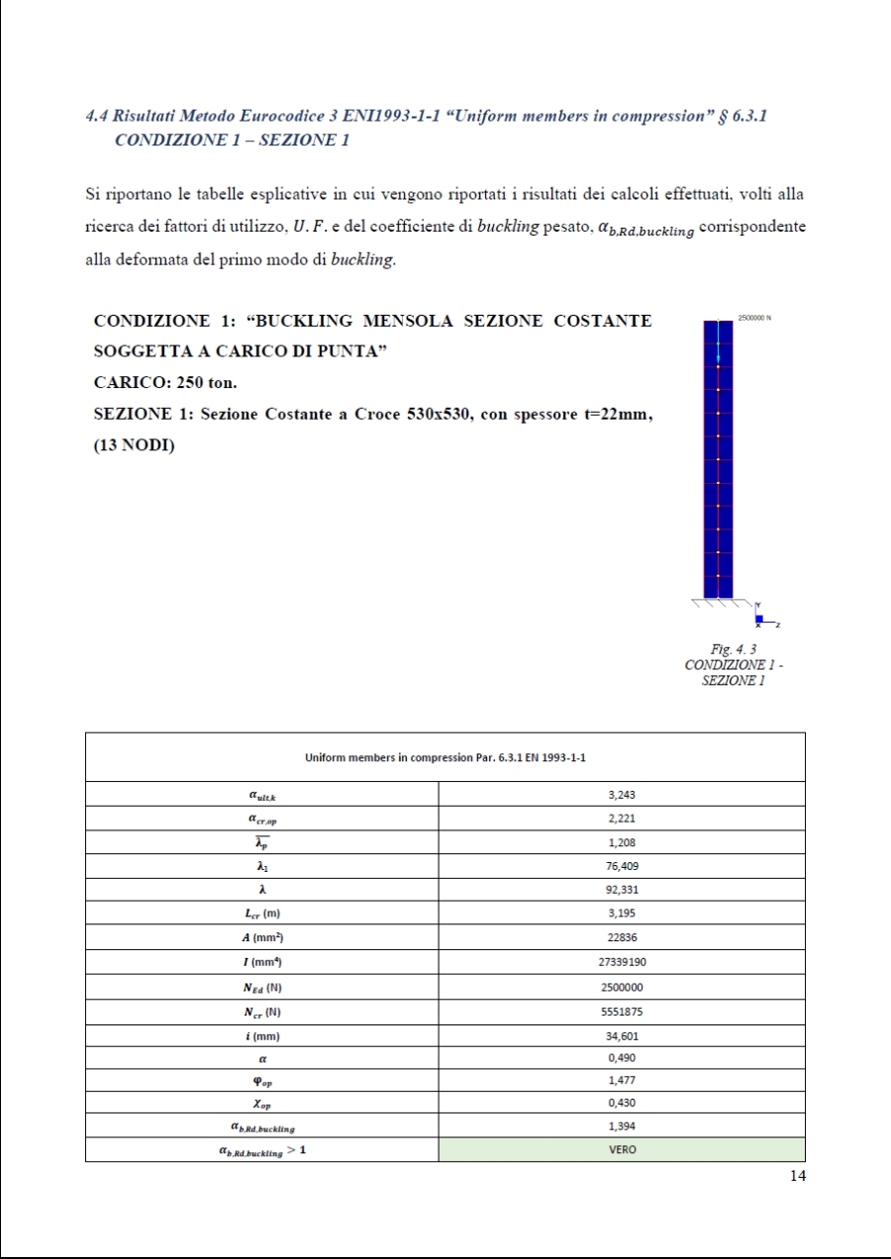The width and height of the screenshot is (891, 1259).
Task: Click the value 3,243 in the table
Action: coord(621,795)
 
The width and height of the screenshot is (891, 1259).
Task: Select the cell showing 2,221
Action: coord(621,819)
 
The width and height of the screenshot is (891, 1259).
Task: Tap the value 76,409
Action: coord(621,866)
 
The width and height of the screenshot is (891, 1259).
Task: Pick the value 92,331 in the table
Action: coord(621,890)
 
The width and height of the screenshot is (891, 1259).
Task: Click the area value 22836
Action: coord(621,937)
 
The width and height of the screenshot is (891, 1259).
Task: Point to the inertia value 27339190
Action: coord(621,962)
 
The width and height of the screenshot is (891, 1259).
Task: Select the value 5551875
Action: coord(621,1011)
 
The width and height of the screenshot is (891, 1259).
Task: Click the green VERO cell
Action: coord(621,1150)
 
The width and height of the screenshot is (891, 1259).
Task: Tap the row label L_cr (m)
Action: coord(261,914)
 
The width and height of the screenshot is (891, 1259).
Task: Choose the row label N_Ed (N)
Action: coord(261,987)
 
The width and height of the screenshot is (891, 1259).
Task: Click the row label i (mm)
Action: coord(261,1035)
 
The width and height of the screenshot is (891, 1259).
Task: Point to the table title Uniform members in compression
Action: coord(445,758)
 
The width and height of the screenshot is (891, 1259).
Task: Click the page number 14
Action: coord(798,1175)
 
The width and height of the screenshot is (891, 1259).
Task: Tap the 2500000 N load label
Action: coord(753,318)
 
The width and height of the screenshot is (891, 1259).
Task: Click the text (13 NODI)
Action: coord(134,444)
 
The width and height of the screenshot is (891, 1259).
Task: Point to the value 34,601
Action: coord(621,1035)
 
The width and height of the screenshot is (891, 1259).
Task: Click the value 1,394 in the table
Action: coord(621,1126)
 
